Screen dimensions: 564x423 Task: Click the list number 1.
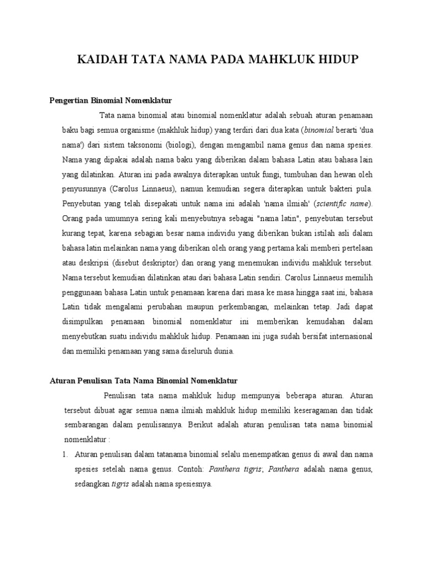pyautogui.click(x=65, y=454)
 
